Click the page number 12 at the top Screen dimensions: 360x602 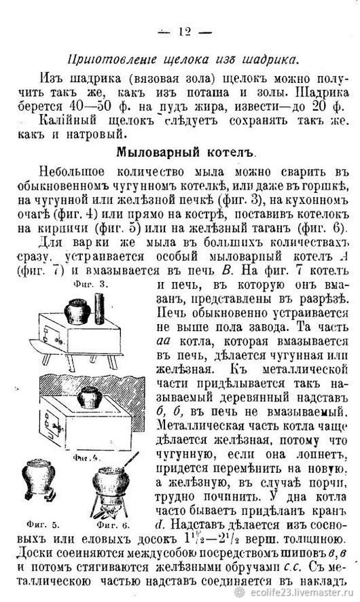tap(185, 31)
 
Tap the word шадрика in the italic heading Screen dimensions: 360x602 tap(270, 60)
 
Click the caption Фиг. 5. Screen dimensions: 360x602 tap(43, 524)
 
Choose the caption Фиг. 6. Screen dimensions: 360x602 tap(113, 525)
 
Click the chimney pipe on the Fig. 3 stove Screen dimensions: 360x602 tap(98, 308)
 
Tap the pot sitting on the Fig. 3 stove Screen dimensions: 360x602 tap(77, 312)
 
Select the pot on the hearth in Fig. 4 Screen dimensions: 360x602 tap(90, 397)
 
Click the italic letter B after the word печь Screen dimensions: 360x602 tap(228, 270)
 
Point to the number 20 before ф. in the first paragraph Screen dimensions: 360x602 tap(320, 106)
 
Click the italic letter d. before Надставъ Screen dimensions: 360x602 tap(160, 524)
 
